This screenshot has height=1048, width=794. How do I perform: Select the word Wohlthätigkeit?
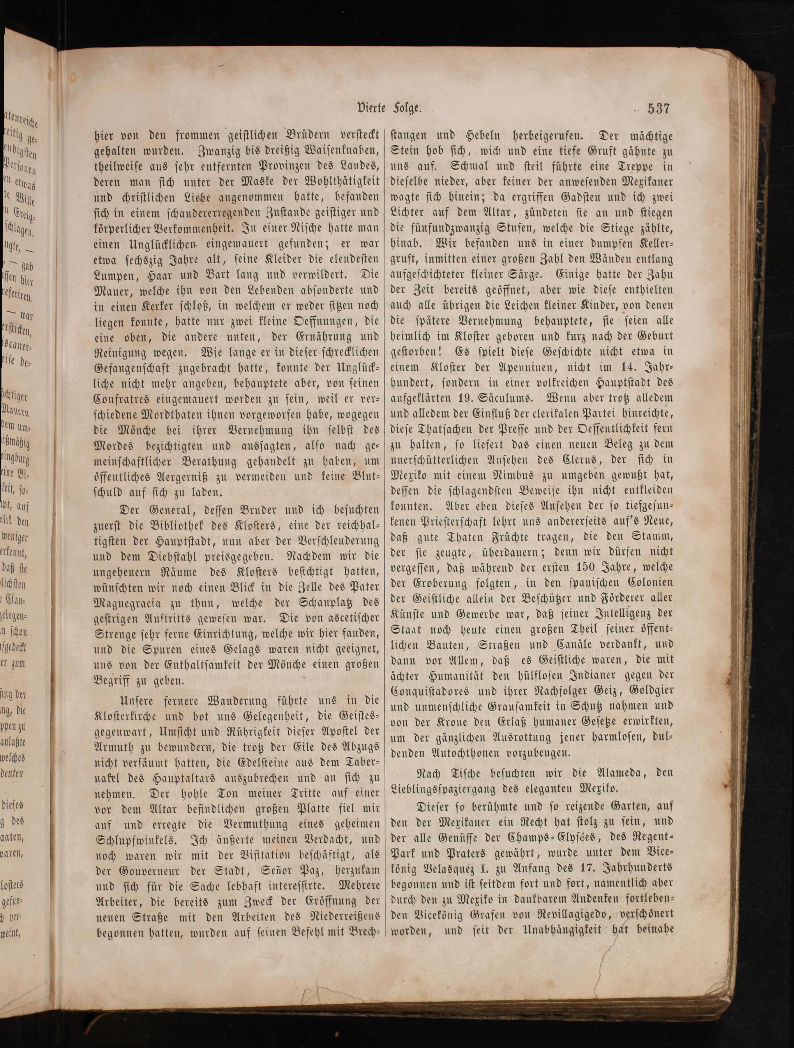(x=337, y=182)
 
